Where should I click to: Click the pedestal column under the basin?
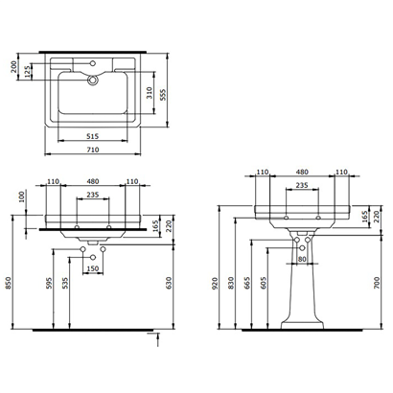tap(303, 288)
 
